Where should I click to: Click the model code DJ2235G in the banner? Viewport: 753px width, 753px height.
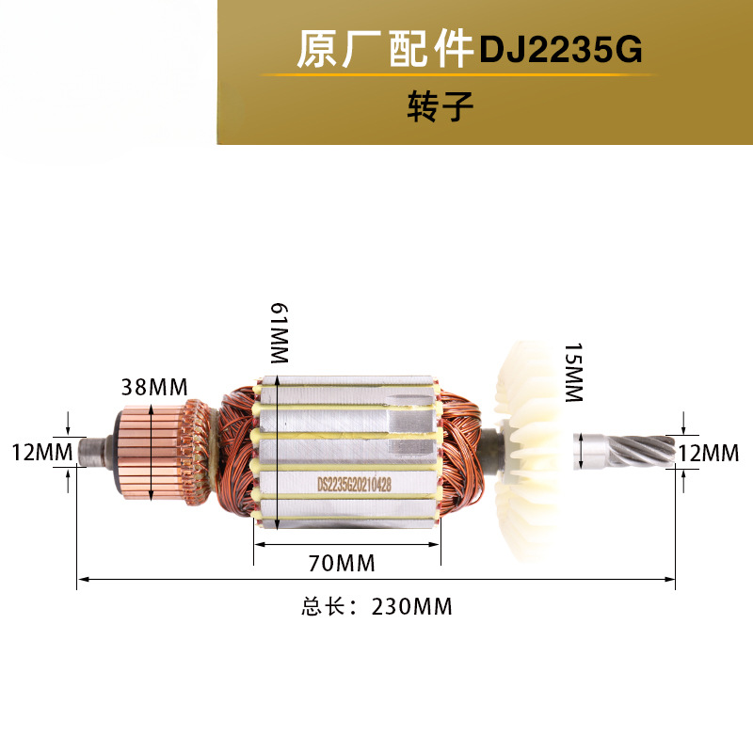pyautogui.click(x=561, y=50)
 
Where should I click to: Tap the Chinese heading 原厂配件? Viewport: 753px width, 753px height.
pyautogui.click(x=383, y=50)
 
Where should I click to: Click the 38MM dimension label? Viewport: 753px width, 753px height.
pyautogui.click(x=154, y=387)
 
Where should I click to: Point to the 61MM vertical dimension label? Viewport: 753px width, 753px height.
pyautogui.click(x=279, y=335)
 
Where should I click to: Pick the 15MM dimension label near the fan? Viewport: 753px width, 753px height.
pyautogui.click(x=573, y=373)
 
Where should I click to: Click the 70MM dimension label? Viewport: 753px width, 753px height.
pyautogui.click(x=343, y=564)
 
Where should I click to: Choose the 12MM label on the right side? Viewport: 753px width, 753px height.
pyautogui.click(x=708, y=453)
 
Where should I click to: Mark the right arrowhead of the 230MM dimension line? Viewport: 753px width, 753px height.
pyautogui.click(x=673, y=579)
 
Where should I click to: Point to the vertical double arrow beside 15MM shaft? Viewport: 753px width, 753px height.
pyautogui.click(x=584, y=449)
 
